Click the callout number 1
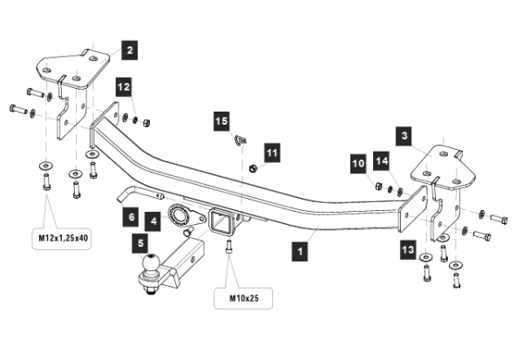tap(301, 251)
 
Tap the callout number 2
tap(128, 51)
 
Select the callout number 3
tap(404, 135)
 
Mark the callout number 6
tap(132, 214)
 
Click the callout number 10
tap(357, 162)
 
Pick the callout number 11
tap(272, 153)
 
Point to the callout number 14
tap(381, 161)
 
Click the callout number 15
tap(221, 121)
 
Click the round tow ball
tap(152, 263)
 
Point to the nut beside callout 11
tap(251, 167)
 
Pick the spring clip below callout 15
tap(241, 140)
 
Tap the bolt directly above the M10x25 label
tap(228, 249)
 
